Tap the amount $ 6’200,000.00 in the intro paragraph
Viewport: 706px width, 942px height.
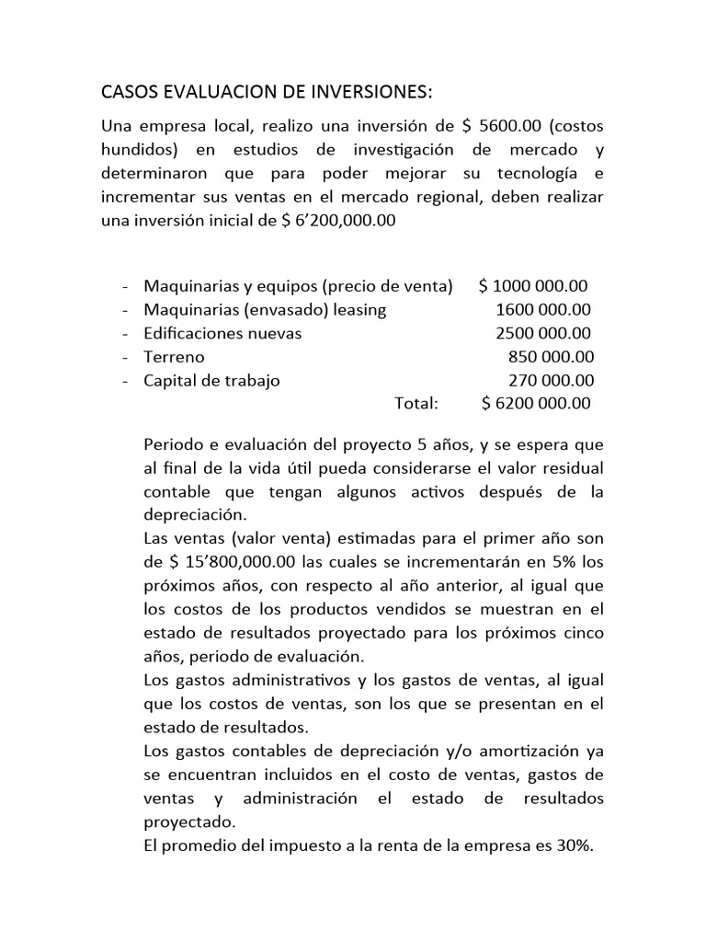coord(335,221)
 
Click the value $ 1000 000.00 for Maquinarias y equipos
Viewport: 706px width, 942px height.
coord(533,286)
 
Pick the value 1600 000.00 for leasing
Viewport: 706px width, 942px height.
coord(543,310)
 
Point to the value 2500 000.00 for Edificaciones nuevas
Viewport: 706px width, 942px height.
coord(543,333)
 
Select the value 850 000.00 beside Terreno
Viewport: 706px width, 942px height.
coord(551,357)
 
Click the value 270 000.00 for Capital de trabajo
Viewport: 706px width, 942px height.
coord(551,380)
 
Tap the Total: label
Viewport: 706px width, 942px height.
coord(416,403)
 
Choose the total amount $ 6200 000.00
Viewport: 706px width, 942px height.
coord(536,403)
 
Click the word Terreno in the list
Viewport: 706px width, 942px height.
coord(174,357)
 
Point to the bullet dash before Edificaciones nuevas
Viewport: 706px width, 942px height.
coord(123,333)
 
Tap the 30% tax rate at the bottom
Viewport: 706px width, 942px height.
coord(575,847)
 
